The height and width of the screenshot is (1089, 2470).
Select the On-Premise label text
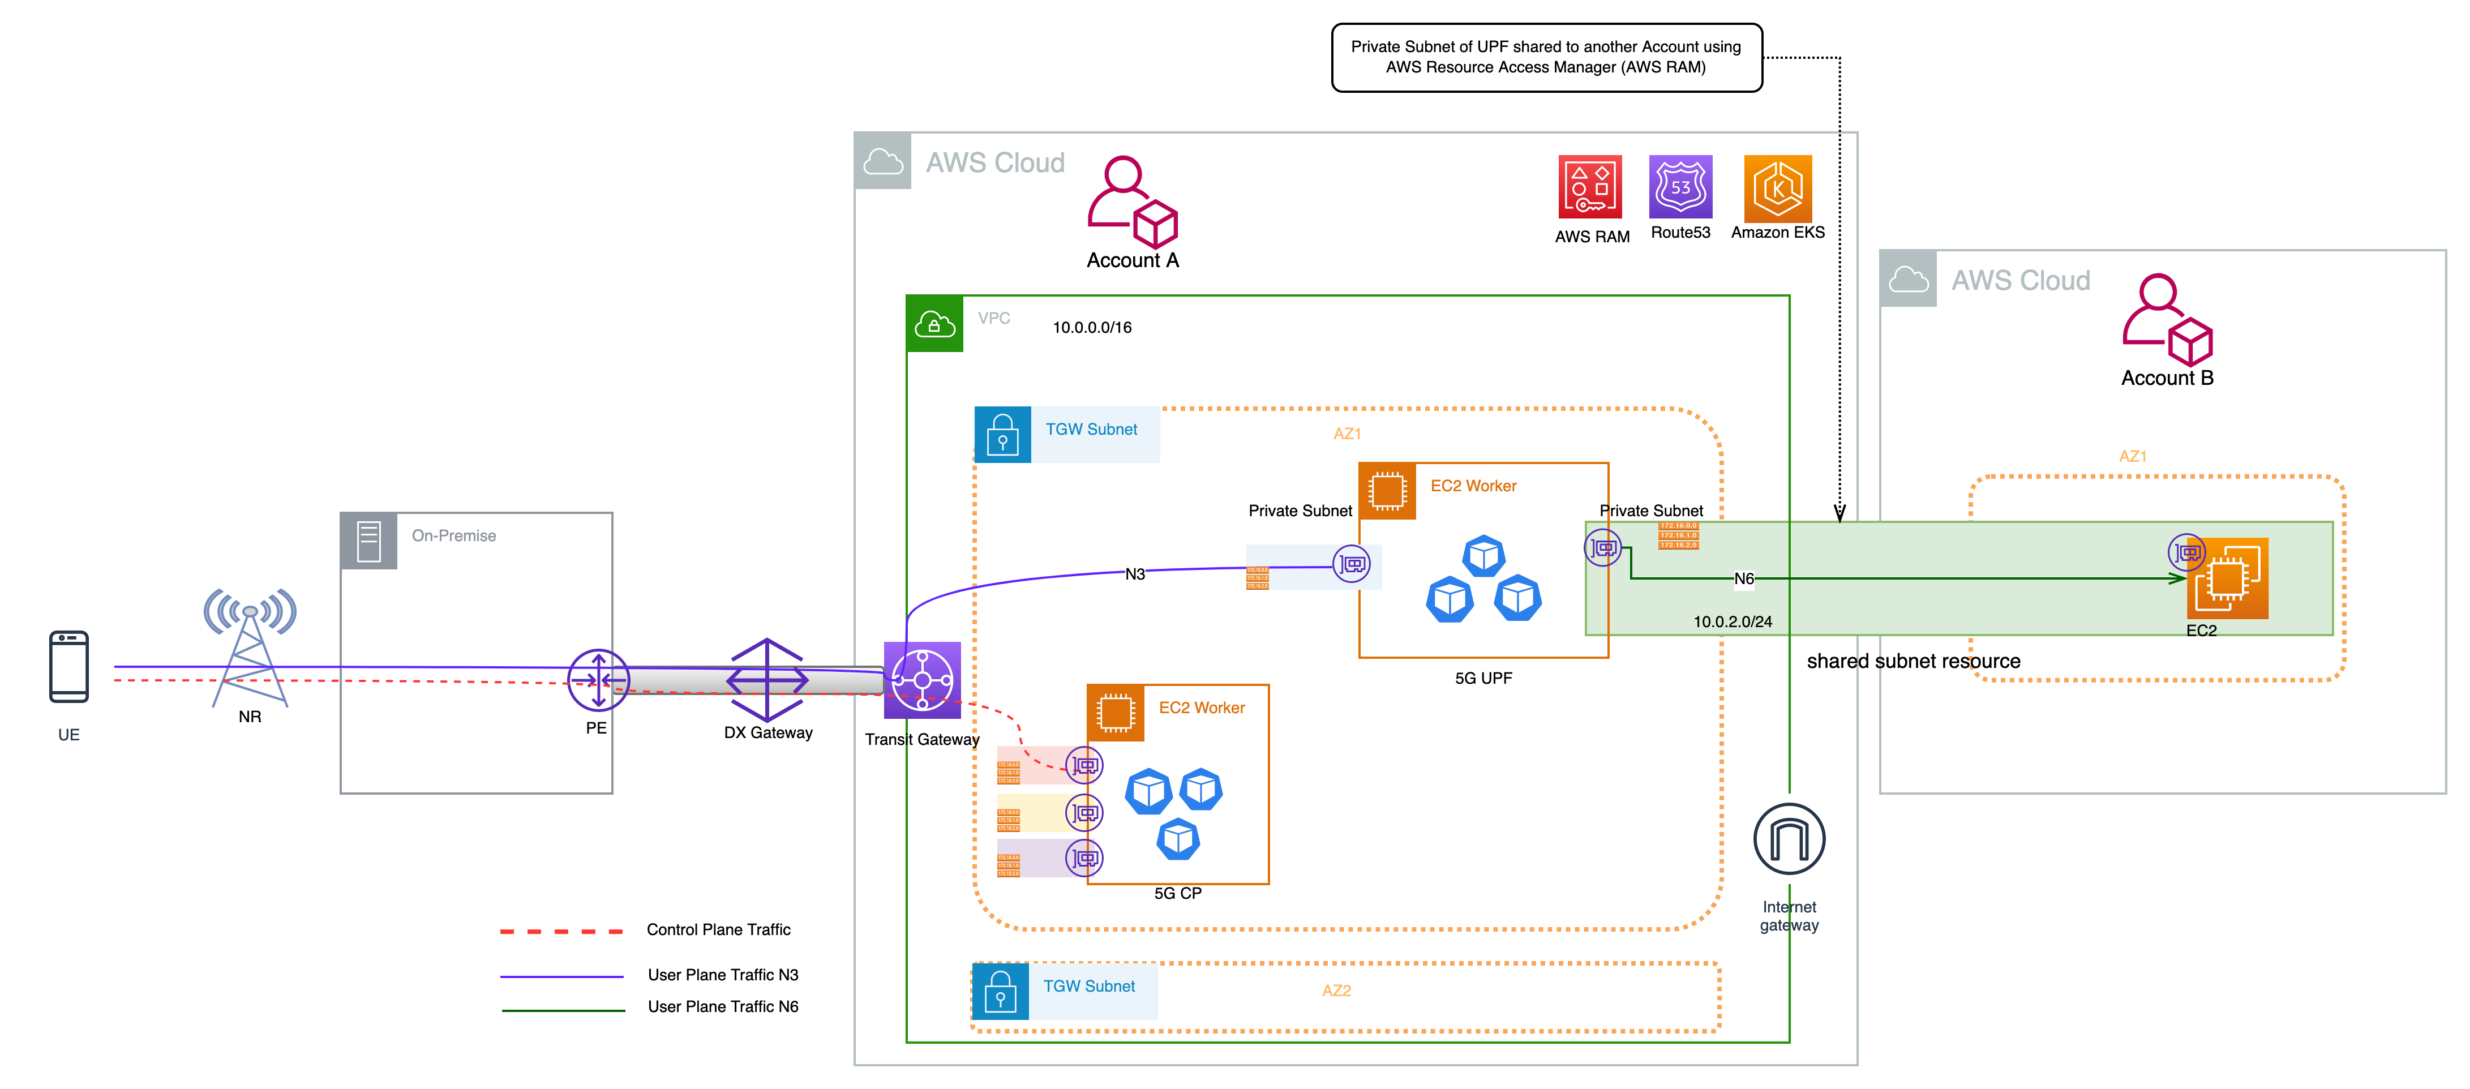point(453,536)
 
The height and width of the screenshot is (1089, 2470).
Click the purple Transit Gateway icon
point(921,680)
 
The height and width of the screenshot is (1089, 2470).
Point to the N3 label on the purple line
point(1134,574)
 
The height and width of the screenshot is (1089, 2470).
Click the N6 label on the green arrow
point(1743,579)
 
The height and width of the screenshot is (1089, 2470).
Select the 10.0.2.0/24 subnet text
point(1732,621)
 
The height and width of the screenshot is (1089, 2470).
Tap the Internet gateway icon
point(1788,839)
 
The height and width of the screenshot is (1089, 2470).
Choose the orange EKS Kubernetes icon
point(1777,189)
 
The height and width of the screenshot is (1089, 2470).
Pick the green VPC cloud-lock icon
point(934,324)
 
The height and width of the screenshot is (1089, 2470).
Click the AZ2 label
point(1336,991)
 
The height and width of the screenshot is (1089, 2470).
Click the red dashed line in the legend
point(561,932)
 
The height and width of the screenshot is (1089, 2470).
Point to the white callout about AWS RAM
point(1546,58)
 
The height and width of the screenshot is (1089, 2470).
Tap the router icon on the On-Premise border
point(598,680)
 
